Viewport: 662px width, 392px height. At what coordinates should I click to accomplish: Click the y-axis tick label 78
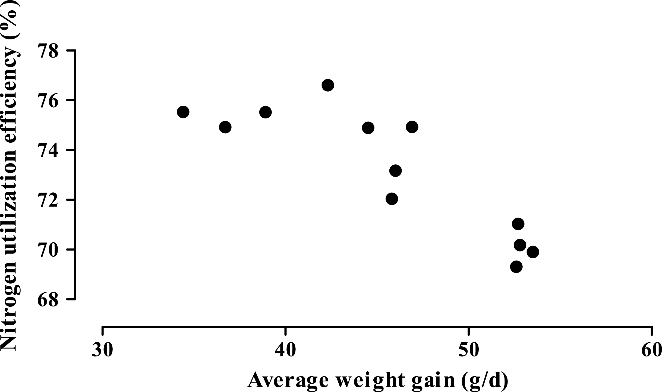[48, 51]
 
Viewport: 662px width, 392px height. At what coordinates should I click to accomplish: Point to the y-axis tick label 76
[48, 101]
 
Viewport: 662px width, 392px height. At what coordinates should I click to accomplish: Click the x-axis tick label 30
[102, 350]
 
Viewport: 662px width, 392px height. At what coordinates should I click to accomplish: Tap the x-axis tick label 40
[285, 350]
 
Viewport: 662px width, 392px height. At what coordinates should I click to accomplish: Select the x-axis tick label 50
[468, 350]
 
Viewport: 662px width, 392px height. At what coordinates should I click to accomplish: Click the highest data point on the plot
[328, 85]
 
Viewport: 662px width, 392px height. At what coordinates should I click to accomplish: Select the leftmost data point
[183, 112]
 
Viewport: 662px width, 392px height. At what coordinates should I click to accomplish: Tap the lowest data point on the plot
[516, 267]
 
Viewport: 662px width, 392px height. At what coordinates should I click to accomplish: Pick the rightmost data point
[533, 252]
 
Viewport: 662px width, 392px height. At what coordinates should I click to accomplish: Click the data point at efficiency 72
[392, 199]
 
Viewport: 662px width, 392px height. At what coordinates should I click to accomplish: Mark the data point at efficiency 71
[518, 224]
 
